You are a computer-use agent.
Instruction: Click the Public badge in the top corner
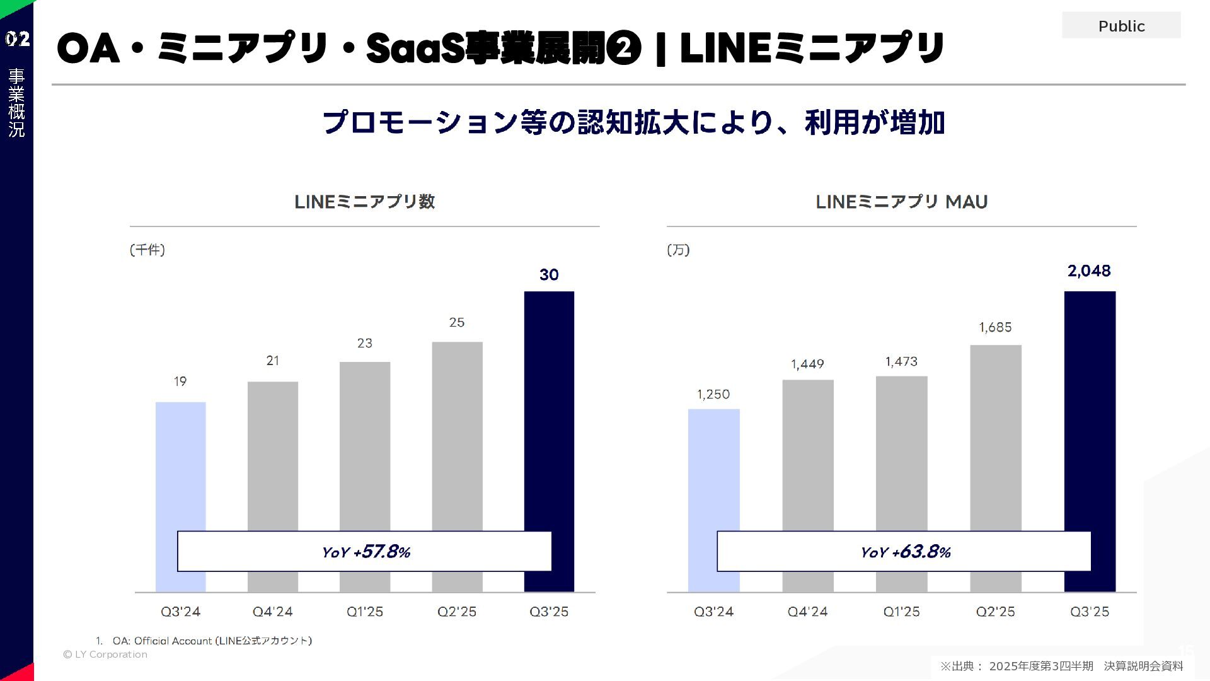1121,26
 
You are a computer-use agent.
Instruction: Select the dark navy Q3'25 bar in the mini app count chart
549,410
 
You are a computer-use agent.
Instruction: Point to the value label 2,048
1089,271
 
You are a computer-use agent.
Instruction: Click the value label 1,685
995,327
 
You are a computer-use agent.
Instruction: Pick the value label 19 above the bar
180,381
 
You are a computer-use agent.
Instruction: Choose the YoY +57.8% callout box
364,552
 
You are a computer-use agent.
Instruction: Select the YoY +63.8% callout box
904,552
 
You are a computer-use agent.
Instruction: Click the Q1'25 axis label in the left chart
365,612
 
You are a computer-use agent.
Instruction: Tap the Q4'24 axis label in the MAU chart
807,612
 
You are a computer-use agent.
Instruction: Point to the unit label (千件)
147,250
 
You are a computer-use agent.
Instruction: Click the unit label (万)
678,250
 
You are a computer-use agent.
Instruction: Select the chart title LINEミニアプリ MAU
901,202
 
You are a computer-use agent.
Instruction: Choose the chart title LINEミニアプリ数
364,202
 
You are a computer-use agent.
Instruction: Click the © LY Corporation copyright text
105,655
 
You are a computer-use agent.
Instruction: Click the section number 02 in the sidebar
17,39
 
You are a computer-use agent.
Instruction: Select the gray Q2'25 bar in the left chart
457,435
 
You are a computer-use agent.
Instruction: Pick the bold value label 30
549,275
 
